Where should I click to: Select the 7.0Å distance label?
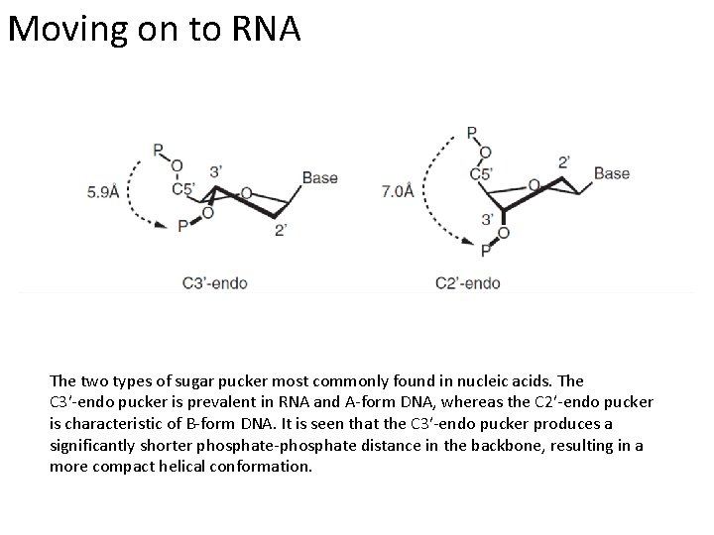[x=398, y=191]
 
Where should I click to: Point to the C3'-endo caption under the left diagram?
[x=214, y=283]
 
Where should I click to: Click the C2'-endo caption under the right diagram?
[x=468, y=283]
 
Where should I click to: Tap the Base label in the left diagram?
[x=319, y=178]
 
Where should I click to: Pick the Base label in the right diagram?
[x=612, y=173]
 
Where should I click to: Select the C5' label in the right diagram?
[x=481, y=173]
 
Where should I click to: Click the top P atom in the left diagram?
[x=158, y=150]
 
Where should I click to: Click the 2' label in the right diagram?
[x=564, y=160]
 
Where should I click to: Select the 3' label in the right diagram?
[x=488, y=219]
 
